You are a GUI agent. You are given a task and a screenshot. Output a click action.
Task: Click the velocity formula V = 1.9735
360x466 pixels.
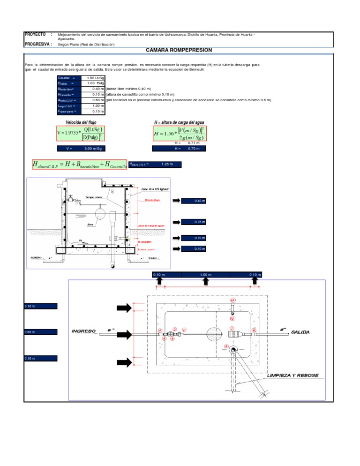coord(80,133)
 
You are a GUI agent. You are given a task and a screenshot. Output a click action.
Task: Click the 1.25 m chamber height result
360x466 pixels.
coord(167,165)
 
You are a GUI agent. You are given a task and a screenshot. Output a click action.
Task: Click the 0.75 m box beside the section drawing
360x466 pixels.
coord(200,222)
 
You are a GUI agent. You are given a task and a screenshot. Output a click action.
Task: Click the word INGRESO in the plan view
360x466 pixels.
coord(84,331)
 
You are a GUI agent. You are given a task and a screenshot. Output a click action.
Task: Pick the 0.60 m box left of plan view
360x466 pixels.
coord(41,332)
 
